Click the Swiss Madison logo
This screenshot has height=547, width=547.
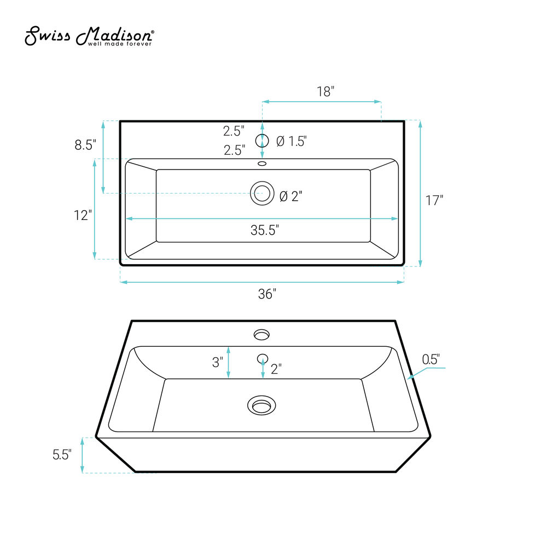89,36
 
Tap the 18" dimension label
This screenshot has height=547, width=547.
325,91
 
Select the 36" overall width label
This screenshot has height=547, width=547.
267,294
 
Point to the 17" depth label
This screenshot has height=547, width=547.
434,201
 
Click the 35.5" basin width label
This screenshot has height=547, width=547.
265,230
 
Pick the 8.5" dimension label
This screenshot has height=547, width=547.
85,145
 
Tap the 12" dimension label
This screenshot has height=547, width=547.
83,215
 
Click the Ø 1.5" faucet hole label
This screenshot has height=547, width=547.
292,141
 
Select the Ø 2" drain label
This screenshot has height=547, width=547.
291,196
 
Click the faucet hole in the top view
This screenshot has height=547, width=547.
262,141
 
